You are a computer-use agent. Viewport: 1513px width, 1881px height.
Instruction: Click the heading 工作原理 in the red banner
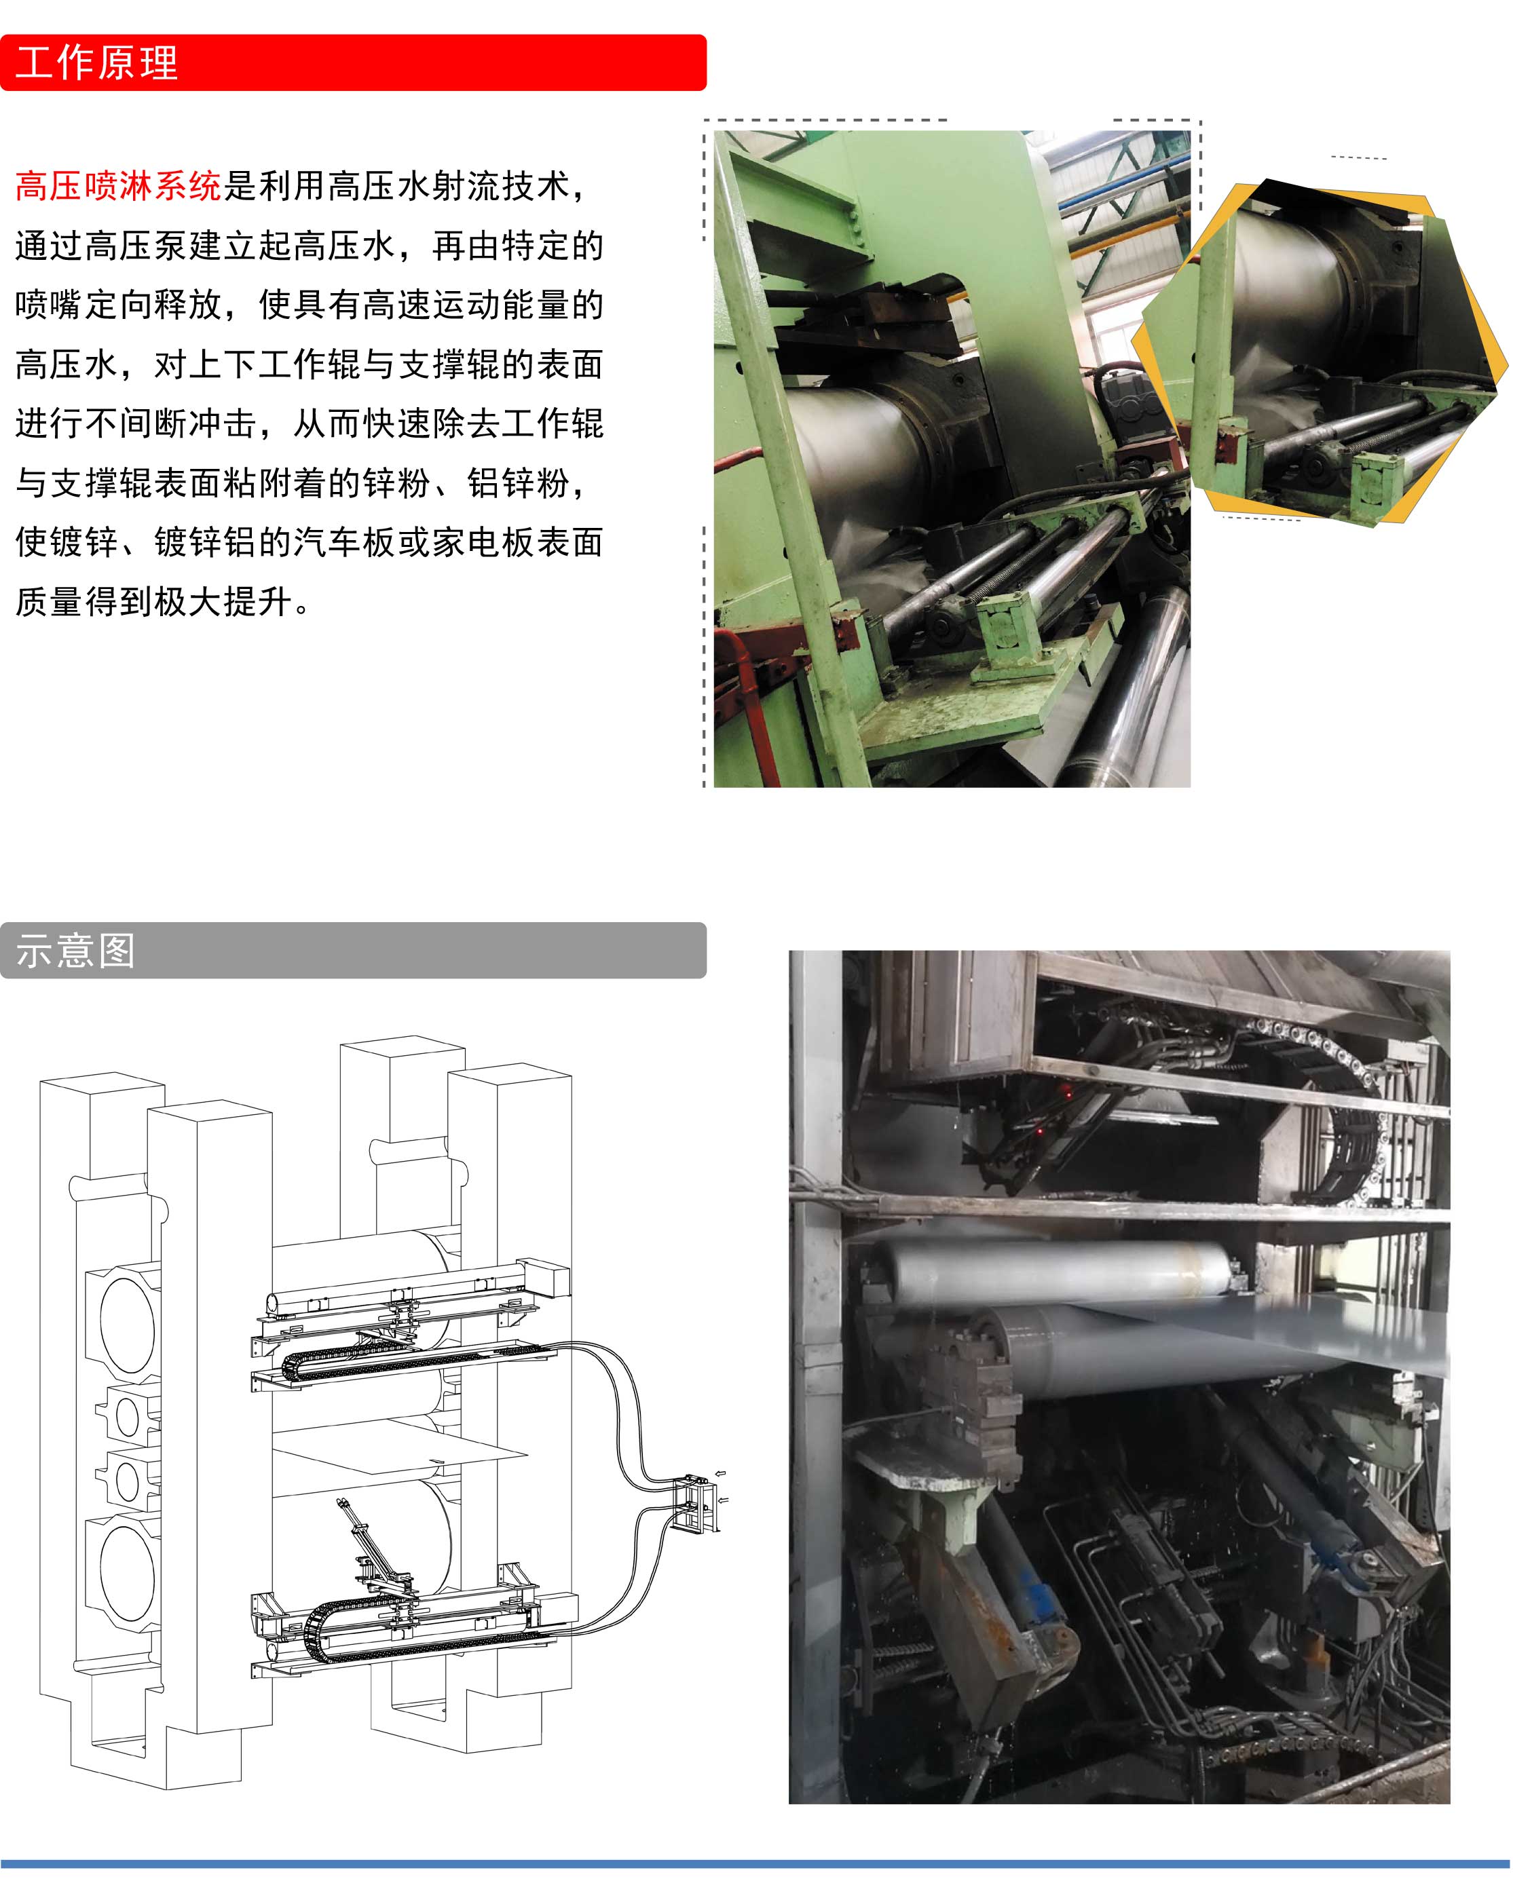tap(97, 63)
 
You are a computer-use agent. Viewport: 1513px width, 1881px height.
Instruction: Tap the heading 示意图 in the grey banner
tap(76, 950)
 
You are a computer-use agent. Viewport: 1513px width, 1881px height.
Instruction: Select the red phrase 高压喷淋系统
tap(119, 186)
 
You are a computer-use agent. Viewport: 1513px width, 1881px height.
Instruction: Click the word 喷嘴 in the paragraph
tap(49, 305)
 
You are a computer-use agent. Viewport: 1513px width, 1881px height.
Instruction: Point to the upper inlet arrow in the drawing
tap(721, 1474)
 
